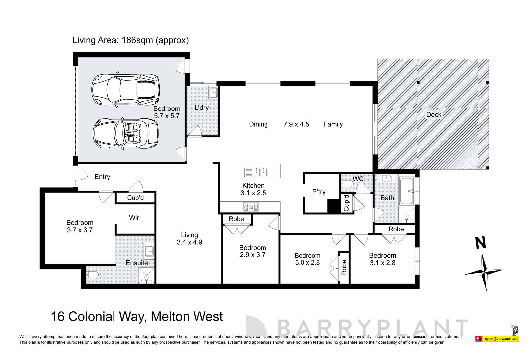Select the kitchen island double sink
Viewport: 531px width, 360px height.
click(x=256, y=172)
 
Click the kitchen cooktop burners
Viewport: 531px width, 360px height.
click(x=251, y=207)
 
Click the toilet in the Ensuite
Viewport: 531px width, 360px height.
click(x=93, y=275)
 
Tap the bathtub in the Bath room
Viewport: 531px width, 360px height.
click(x=406, y=191)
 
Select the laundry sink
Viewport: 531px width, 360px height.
click(x=213, y=93)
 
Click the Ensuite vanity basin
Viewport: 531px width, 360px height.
click(x=149, y=251)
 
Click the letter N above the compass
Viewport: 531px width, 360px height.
click(x=480, y=243)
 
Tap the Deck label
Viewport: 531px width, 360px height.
click(x=433, y=115)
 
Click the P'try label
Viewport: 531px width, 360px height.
click(x=319, y=192)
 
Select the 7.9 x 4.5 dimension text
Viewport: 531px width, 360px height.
click(x=296, y=124)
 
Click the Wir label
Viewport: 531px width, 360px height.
click(x=134, y=218)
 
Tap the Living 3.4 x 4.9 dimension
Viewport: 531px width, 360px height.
click(x=190, y=242)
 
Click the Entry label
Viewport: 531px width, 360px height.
click(x=102, y=177)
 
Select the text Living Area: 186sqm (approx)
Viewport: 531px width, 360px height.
click(x=130, y=40)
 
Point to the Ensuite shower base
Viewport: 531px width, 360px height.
click(x=146, y=276)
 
